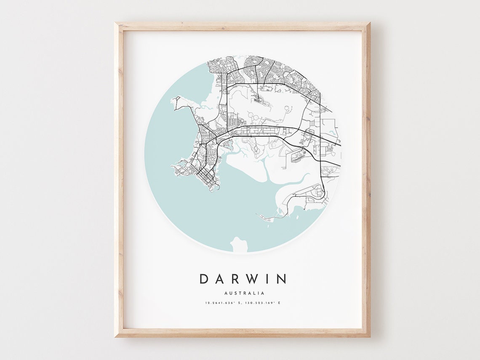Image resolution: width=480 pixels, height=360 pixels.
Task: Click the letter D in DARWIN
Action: (x=204, y=279)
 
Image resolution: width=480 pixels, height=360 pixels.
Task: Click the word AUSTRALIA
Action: (x=244, y=293)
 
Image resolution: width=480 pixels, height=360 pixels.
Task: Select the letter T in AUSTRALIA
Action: (x=240, y=293)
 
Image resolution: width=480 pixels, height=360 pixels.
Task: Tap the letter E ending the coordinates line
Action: (x=279, y=303)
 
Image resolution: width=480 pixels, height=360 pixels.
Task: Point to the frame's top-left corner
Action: (x=116, y=23)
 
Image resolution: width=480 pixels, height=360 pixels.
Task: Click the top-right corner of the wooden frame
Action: (x=369, y=23)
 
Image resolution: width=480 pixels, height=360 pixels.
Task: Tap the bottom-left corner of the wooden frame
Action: (x=116, y=336)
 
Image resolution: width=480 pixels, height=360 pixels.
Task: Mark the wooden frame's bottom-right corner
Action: (x=369, y=336)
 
